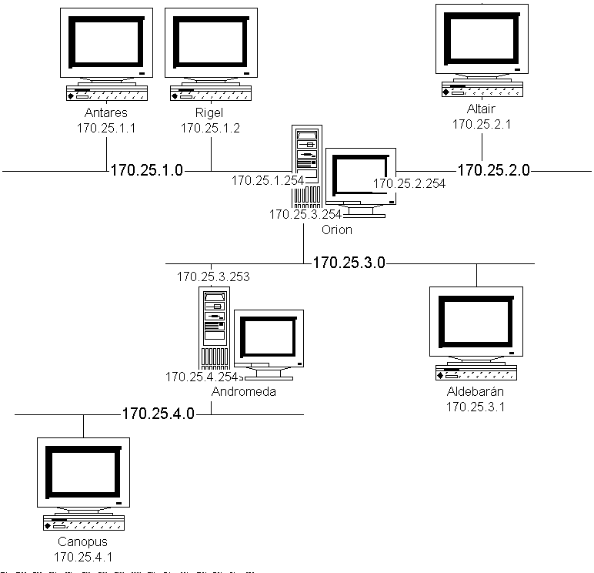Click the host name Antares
point(106,112)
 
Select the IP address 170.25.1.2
point(210,128)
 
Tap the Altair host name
point(481,109)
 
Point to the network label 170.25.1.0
point(147,170)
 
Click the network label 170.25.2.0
point(494,170)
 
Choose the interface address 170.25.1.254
point(268,180)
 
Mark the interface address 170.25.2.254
point(409,183)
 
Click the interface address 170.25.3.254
point(305,214)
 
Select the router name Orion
point(337,230)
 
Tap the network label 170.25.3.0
point(349,263)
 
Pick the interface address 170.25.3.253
point(213,276)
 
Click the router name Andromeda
point(244,391)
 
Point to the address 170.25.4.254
point(202,377)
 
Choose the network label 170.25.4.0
point(158,414)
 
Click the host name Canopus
point(82,541)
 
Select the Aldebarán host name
point(476,391)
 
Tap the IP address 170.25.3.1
point(476,407)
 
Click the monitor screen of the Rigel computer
point(211,42)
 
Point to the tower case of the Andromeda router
point(215,328)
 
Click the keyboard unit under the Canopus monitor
point(84,523)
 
